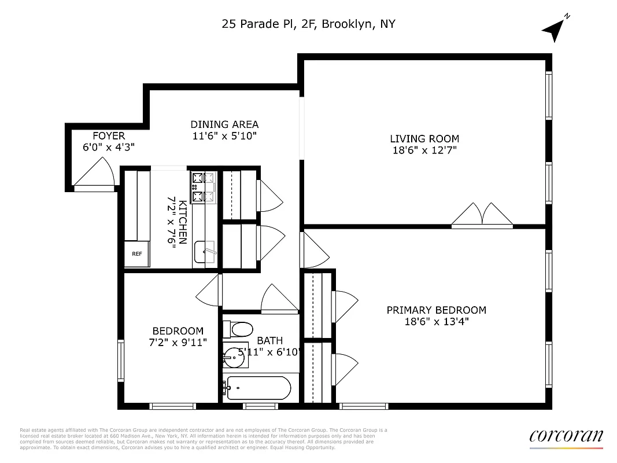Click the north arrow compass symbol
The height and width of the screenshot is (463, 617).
pos(554,29)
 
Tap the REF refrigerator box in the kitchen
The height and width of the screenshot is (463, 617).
pos(137,253)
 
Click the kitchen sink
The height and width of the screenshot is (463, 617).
pos(204,252)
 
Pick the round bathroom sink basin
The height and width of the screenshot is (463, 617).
pos(235,357)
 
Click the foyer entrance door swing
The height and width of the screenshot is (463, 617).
pos(94,174)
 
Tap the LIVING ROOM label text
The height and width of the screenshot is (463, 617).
pos(424,138)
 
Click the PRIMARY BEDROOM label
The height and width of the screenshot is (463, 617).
pos(436,310)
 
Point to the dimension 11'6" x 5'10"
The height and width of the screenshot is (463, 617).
pos(224,137)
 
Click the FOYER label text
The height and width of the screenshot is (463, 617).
pos(109,136)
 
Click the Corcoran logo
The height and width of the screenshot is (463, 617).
pos(566,436)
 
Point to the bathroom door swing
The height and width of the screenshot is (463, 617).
pos(279,300)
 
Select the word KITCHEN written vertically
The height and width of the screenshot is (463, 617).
pos(182,222)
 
